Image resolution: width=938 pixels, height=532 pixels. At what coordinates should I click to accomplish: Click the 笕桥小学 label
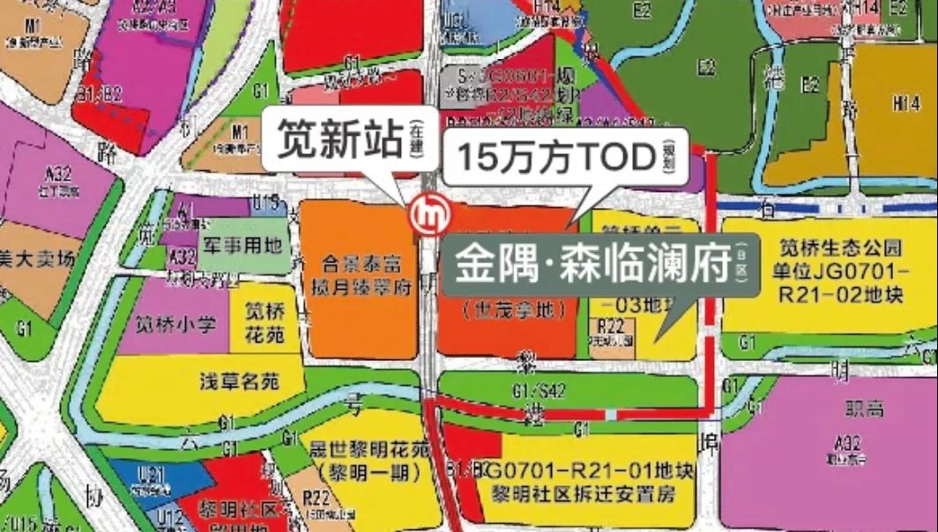(175, 324)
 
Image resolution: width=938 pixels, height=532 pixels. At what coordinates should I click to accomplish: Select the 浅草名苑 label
(239, 382)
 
